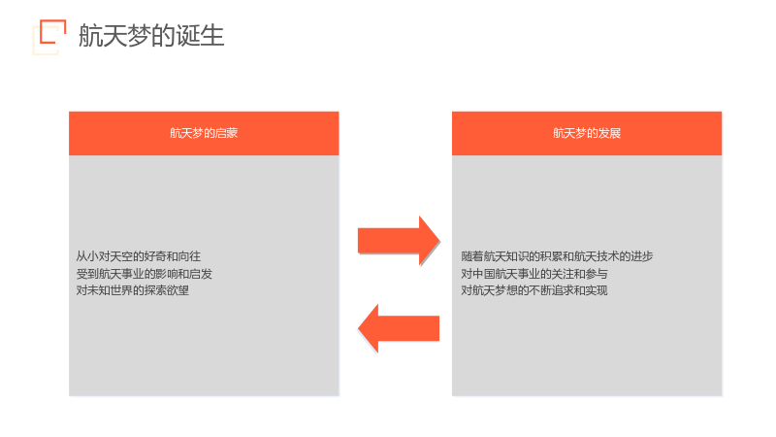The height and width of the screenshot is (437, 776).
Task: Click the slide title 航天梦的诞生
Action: [x=151, y=36]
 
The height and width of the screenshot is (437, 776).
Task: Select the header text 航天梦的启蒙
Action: [x=204, y=133]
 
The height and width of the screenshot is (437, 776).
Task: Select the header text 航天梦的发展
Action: [x=587, y=133]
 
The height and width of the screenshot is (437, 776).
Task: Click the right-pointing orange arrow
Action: [x=399, y=241]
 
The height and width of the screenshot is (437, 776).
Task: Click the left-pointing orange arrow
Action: [x=399, y=328]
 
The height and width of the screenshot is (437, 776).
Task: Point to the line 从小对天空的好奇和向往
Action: [x=138, y=256]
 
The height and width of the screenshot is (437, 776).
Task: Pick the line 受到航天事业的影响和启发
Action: [x=144, y=274]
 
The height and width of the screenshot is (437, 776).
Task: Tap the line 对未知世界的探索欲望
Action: [x=133, y=290]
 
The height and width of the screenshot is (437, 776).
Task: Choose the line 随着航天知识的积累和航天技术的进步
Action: [x=557, y=256]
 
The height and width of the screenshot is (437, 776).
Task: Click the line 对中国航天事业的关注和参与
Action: [x=534, y=274]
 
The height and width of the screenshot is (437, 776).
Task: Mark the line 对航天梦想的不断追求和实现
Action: [x=534, y=290]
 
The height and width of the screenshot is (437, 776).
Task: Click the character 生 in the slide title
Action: [x=212, y=36]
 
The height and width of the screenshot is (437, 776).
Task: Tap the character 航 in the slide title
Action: [x=90, y=36]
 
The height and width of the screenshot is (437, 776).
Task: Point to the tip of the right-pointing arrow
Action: [x=439, y=241]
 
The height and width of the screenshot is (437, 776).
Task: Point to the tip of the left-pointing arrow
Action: [x=358, y=328]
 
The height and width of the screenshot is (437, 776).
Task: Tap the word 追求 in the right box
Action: [x=563, y=290]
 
